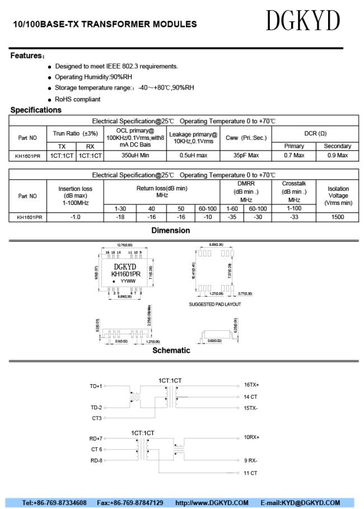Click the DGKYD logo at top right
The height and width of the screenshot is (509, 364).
tap(302, 22)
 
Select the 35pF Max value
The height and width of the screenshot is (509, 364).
tap(246, 155)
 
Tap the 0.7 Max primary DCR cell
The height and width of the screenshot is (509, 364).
tap(294, 155)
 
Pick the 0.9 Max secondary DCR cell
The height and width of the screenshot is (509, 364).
tap(338, 155)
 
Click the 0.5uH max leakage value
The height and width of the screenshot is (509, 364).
tap(193, 155)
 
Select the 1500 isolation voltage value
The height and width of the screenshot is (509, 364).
tap(338, 217)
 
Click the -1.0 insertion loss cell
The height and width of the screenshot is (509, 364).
tap(75, 217)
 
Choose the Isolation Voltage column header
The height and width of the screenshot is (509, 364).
tap(338, 195)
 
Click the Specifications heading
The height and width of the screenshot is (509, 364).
tap(36, 110)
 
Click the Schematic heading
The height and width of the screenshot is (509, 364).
tap(171, 351)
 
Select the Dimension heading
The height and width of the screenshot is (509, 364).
tap(170, 230)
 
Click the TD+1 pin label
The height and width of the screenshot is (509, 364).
tap(96, 386)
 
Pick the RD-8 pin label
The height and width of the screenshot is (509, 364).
tap(96, 461)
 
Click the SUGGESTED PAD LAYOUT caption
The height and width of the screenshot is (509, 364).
tap(215, 304)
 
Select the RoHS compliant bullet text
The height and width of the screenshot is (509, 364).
tap(78, 99)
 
